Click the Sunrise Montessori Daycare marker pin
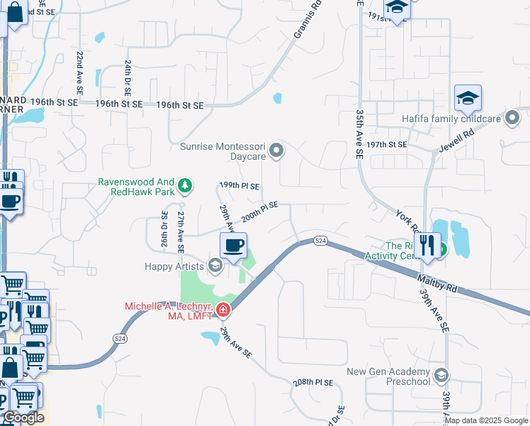click(x=277, y=150)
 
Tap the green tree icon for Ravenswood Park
click(x=185, y=186)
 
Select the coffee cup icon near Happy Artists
click(x=234, y=246)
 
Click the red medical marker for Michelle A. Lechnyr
click(x=222, y=310)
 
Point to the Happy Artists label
click(x=174, y=266)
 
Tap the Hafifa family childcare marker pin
click(x=512, y=118)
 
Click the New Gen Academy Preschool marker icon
click(x=441, y=376)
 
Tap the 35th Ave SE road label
click(x=360, y=134)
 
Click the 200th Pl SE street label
click(x=259, y=211)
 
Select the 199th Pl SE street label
click(x=239, y=185)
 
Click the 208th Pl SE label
click(x=313, y=382)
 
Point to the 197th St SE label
click(x=387, y=144)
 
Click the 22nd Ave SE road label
click(x=80, y=73)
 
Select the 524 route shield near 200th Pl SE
click(x=320, y=241)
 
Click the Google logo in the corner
click(x=23, y=417)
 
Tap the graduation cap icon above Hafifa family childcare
click(x=468, y=99)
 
